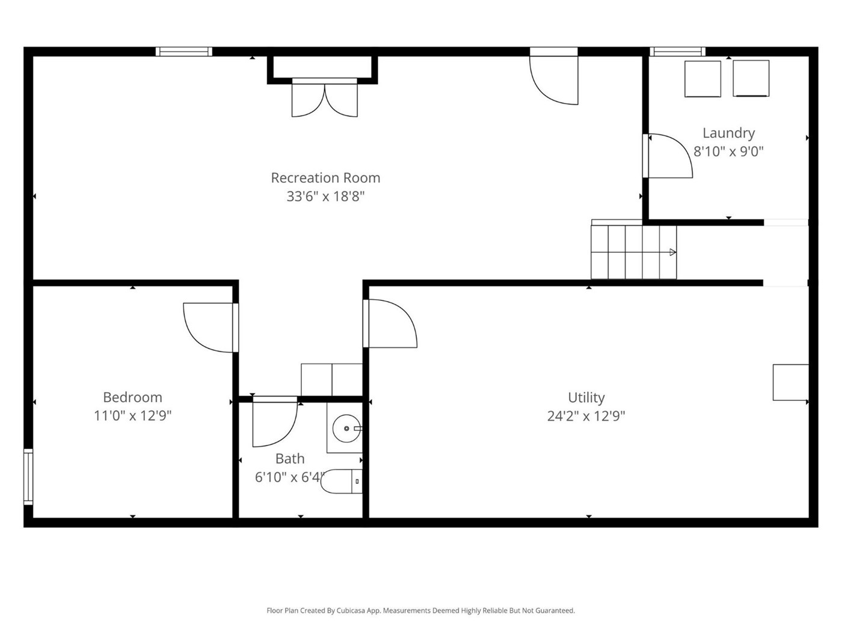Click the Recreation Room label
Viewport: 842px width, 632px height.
[325, 178]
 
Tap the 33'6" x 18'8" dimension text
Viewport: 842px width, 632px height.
[325, 196]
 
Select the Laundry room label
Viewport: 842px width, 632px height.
[728, 134]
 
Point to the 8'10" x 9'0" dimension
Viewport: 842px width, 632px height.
[728, 152]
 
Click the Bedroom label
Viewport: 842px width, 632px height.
[132, 397]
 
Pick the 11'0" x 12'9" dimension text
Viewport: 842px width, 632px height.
[132, 415]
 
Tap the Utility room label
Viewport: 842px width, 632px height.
[586, 397]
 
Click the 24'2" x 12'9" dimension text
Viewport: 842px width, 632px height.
[586, 416]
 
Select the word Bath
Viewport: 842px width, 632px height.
[290, 459]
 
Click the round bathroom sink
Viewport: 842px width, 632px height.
[346, 428]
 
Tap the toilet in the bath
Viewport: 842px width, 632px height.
[341, 481]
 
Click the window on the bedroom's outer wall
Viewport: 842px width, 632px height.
[28, 476]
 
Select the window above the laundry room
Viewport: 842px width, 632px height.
[677, 51]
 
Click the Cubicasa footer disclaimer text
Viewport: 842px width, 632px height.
[421, 610]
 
